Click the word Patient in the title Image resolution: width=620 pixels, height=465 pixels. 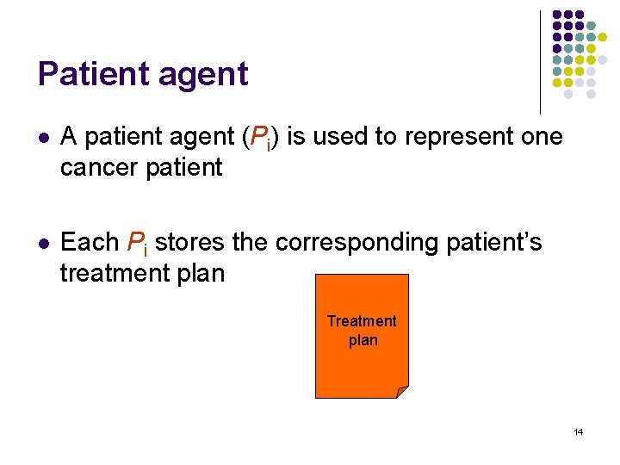pyautogui.click(x=90, y=74)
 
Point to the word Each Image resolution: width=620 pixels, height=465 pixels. pyautogui.click(x=90, y=243)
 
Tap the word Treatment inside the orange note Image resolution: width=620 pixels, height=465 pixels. pyautogui.click(x=362, y=321)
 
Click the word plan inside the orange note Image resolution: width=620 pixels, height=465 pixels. pyautogui.click(x=363, y=340)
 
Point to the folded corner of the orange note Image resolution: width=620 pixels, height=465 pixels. pyautogui.click(x=402, y=392)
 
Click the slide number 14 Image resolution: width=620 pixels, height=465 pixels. pyautogui.click(x=578, y=431)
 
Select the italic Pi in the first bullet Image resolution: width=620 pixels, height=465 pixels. pyautogui.click(x=257, y=138)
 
